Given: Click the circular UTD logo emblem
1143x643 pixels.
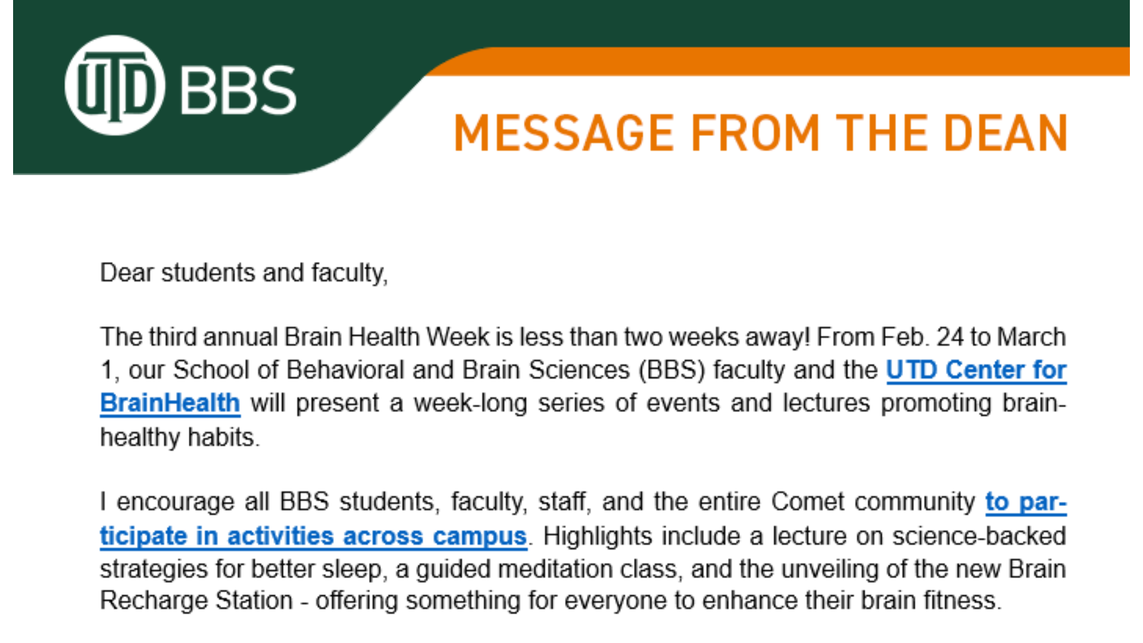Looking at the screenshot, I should click(114, 86).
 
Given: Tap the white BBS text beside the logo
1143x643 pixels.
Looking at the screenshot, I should click(238, 89).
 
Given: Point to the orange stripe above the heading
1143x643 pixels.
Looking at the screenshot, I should click(774, 61).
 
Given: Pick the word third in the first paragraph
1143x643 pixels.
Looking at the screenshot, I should click(173, 337).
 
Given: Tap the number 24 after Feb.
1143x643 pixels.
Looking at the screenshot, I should click(950, 337).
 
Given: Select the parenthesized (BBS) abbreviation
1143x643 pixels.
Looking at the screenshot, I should click(672, 370).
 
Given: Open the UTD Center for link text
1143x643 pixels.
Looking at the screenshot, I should click(976, 370).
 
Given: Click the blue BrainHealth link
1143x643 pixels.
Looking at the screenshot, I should click(170, 403).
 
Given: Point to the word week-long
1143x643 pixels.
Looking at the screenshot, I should click(470, 403).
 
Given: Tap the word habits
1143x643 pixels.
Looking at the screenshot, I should click(223, 438).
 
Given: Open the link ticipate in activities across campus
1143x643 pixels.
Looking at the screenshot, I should click(313, 536).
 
